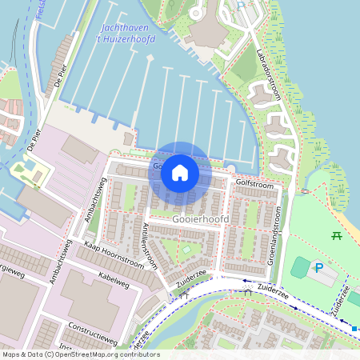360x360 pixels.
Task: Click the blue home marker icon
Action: click(x=180, y=172)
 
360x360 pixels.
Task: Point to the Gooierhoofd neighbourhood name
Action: click(x=201, y=218)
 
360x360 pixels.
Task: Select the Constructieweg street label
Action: click(x=94, y=328)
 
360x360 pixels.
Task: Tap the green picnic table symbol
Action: click(x=337, y=236)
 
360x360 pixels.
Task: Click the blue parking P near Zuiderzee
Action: click(x=318, y=269)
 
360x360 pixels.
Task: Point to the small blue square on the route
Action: click(x=354, y=328)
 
